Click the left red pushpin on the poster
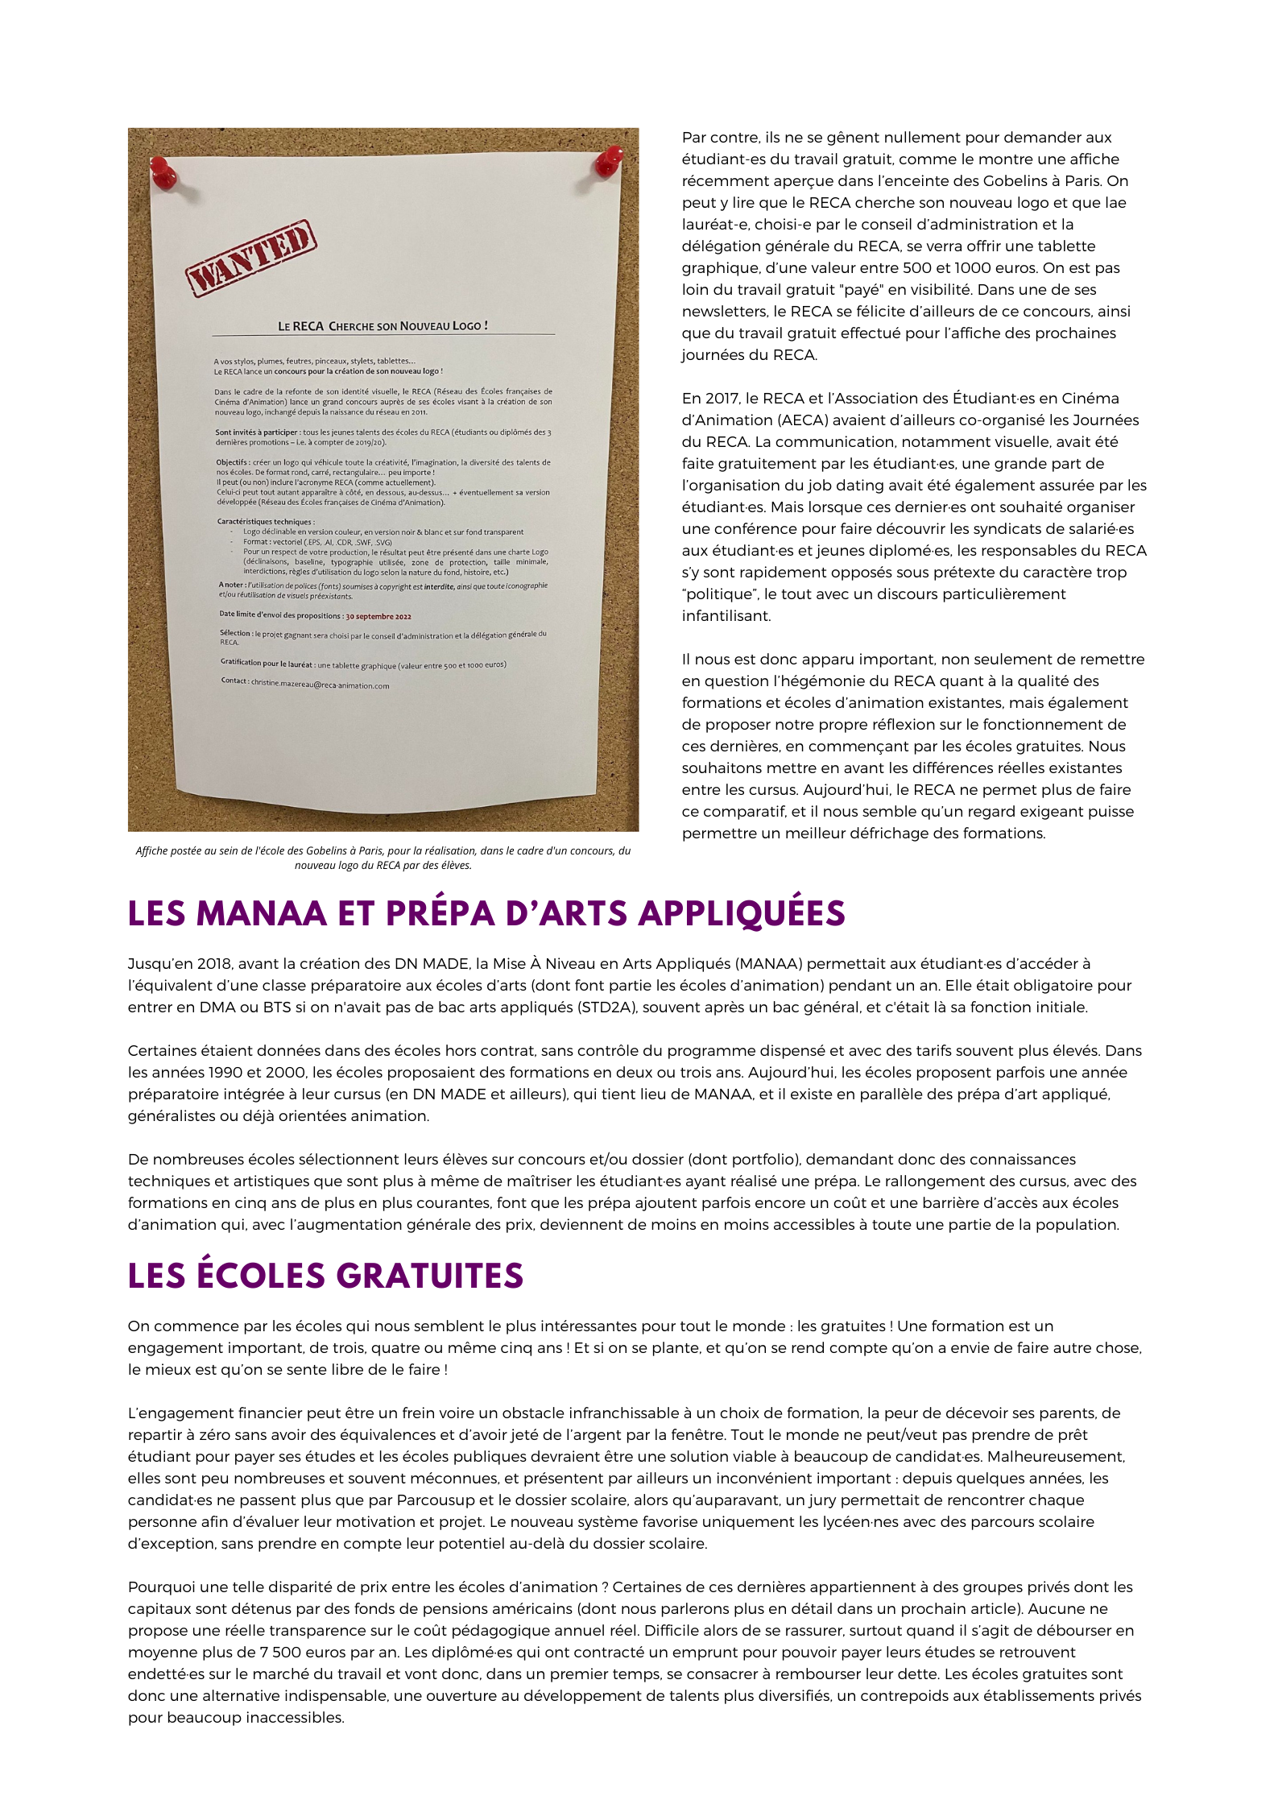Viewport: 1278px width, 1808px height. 163,172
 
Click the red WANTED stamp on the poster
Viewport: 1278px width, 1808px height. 250,258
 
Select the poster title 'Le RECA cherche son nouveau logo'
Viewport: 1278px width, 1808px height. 383,326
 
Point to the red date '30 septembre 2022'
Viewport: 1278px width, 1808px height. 378,616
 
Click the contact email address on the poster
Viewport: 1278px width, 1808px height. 320,685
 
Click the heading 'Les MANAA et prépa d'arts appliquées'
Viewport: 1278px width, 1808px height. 486,913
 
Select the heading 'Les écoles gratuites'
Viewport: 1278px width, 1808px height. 325,1276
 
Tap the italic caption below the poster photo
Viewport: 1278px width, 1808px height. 383,858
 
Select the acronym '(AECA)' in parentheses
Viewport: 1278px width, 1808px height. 809,420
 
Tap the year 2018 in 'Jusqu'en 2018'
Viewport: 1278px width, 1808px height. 213,963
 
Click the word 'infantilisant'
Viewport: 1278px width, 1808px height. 726,615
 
